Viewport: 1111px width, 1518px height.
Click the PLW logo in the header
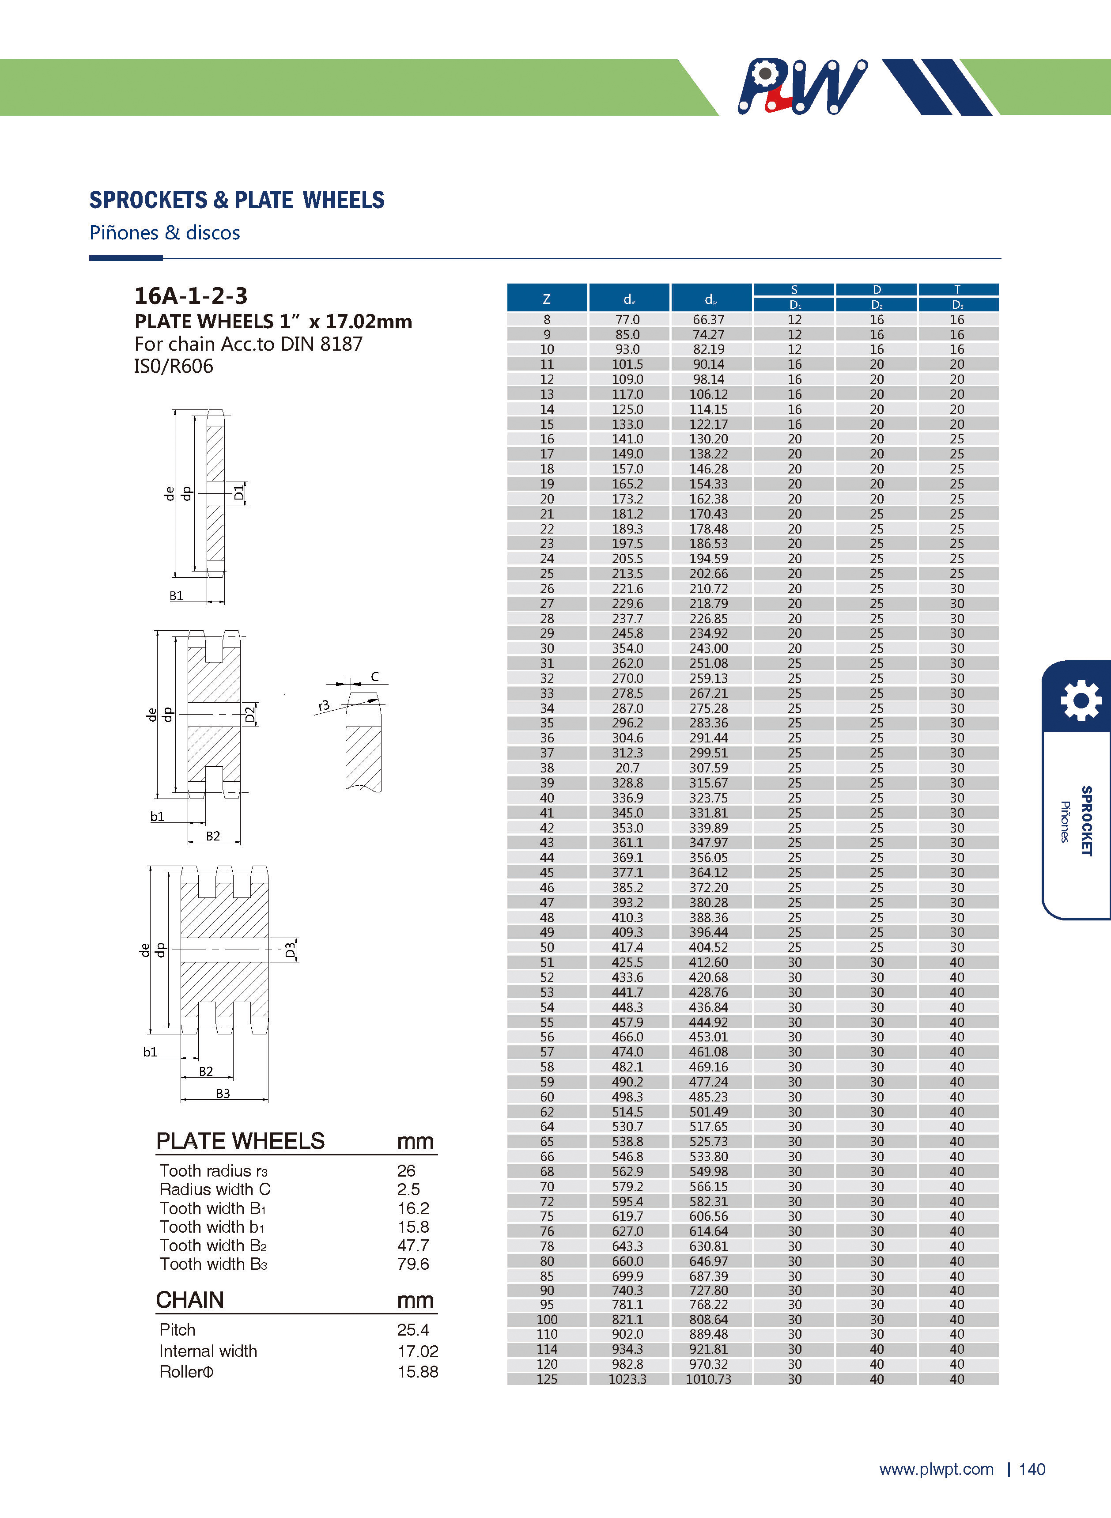point(801,87)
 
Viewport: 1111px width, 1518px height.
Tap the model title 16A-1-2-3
point(191,296)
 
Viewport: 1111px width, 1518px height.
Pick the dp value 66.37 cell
point(708,319)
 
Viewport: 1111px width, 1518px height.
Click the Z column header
point(547,299)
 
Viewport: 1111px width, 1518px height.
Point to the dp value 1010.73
point(708,1379)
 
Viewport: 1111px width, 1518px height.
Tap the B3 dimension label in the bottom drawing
point(223,1094)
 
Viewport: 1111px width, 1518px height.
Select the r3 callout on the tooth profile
point(324,705)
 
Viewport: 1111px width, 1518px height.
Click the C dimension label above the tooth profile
point(374,677)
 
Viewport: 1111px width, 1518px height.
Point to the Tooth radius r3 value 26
point(406,1171)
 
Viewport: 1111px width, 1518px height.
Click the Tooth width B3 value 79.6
point(413,1264)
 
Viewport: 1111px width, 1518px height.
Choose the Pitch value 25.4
point(413,1330)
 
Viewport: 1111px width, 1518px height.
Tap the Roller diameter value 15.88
point(418,1372)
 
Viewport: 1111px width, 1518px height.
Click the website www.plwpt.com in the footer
point(936,1469)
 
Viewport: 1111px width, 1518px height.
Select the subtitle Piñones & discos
point(165,233)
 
